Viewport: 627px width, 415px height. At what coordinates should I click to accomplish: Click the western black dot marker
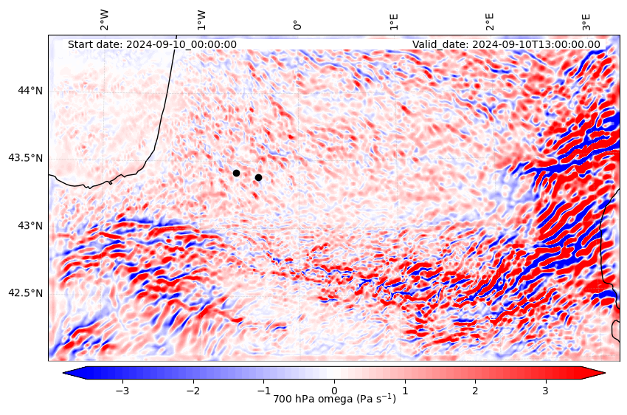(236, 174)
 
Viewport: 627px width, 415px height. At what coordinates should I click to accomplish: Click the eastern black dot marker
(258, 178)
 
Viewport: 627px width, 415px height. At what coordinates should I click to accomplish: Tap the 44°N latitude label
(30, 91)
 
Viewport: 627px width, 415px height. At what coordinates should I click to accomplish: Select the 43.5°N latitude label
(26, 159)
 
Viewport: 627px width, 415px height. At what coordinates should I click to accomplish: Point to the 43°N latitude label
(30, 226)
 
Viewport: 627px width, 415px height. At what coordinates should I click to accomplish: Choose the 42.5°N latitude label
(26, 294)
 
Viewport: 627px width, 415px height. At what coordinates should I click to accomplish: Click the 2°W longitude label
(104, 20)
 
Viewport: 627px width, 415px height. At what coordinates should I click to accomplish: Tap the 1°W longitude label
(201, 20)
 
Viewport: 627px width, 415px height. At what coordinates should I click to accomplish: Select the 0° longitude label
(297, 25)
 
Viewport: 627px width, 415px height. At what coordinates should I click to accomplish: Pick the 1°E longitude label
(394, 21)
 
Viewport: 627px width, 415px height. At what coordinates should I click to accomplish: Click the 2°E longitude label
(490, 21)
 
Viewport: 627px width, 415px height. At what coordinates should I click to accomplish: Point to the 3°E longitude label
(586, 21)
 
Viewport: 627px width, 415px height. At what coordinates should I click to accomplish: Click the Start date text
(152, 44)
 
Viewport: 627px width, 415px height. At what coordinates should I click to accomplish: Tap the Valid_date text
(506, 44)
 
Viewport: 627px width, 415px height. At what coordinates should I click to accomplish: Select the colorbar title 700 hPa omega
(334, 399)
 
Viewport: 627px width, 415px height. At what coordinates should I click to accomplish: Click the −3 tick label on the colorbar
(122, 391)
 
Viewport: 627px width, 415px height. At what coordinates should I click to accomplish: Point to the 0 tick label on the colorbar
(334, 391)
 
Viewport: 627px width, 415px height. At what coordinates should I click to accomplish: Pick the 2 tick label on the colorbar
(475, 391)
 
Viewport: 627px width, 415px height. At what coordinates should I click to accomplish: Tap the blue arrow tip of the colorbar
(64, 373)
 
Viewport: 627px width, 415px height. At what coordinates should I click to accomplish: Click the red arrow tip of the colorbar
(604, 373)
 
